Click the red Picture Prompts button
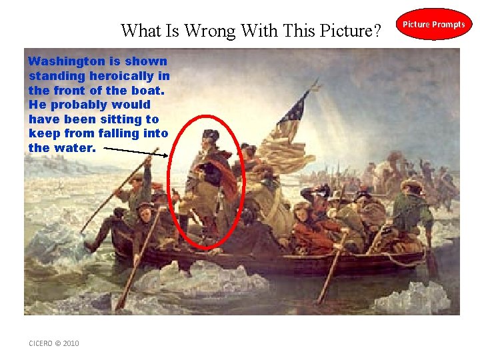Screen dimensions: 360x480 435,24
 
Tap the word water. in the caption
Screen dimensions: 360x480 75,148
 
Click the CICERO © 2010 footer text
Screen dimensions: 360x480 54,343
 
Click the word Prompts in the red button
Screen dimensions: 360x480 449,25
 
